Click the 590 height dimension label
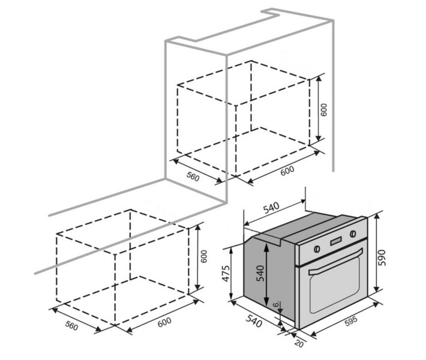tap(381, 258)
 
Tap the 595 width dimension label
tap(351, 321)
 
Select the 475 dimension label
tap(226, 273)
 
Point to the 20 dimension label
tap(299, 343)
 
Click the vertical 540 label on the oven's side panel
tap(260, 273)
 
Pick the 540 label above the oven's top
tap(271, 208)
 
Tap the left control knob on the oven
tap(317, 248)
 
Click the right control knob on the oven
tap(353, 233)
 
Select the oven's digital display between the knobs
tap(336, 241)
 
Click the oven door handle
tap(336, 262)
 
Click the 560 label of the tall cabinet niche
tap(193, 177)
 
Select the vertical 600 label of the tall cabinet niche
tap(324, 110)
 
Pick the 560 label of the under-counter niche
tap(72, 325)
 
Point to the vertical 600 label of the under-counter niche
tap(203, 256)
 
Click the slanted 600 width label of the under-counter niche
tap(164, 322)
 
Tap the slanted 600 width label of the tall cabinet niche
tap(287, 170)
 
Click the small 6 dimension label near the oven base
tap(276, 304)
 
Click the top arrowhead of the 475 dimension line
tap(231, 251)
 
